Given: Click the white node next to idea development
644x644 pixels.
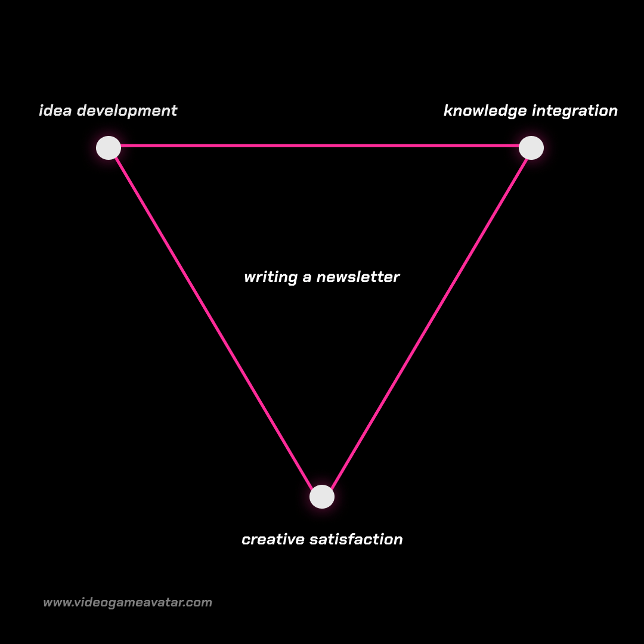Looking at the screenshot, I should click(109, 148).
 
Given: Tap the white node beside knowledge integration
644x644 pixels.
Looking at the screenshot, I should click(531, 148).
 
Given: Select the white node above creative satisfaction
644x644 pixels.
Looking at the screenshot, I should click(322, 497).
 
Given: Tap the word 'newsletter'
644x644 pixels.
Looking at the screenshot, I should click(358, 277).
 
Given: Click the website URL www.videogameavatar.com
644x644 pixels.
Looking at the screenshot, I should click(128, 602).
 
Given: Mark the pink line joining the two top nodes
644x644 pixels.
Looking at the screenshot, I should click(320, 145).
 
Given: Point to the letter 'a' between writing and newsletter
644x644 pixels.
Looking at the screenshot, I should click(307, 278).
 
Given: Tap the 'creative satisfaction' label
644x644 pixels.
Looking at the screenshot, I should click(322, 540).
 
